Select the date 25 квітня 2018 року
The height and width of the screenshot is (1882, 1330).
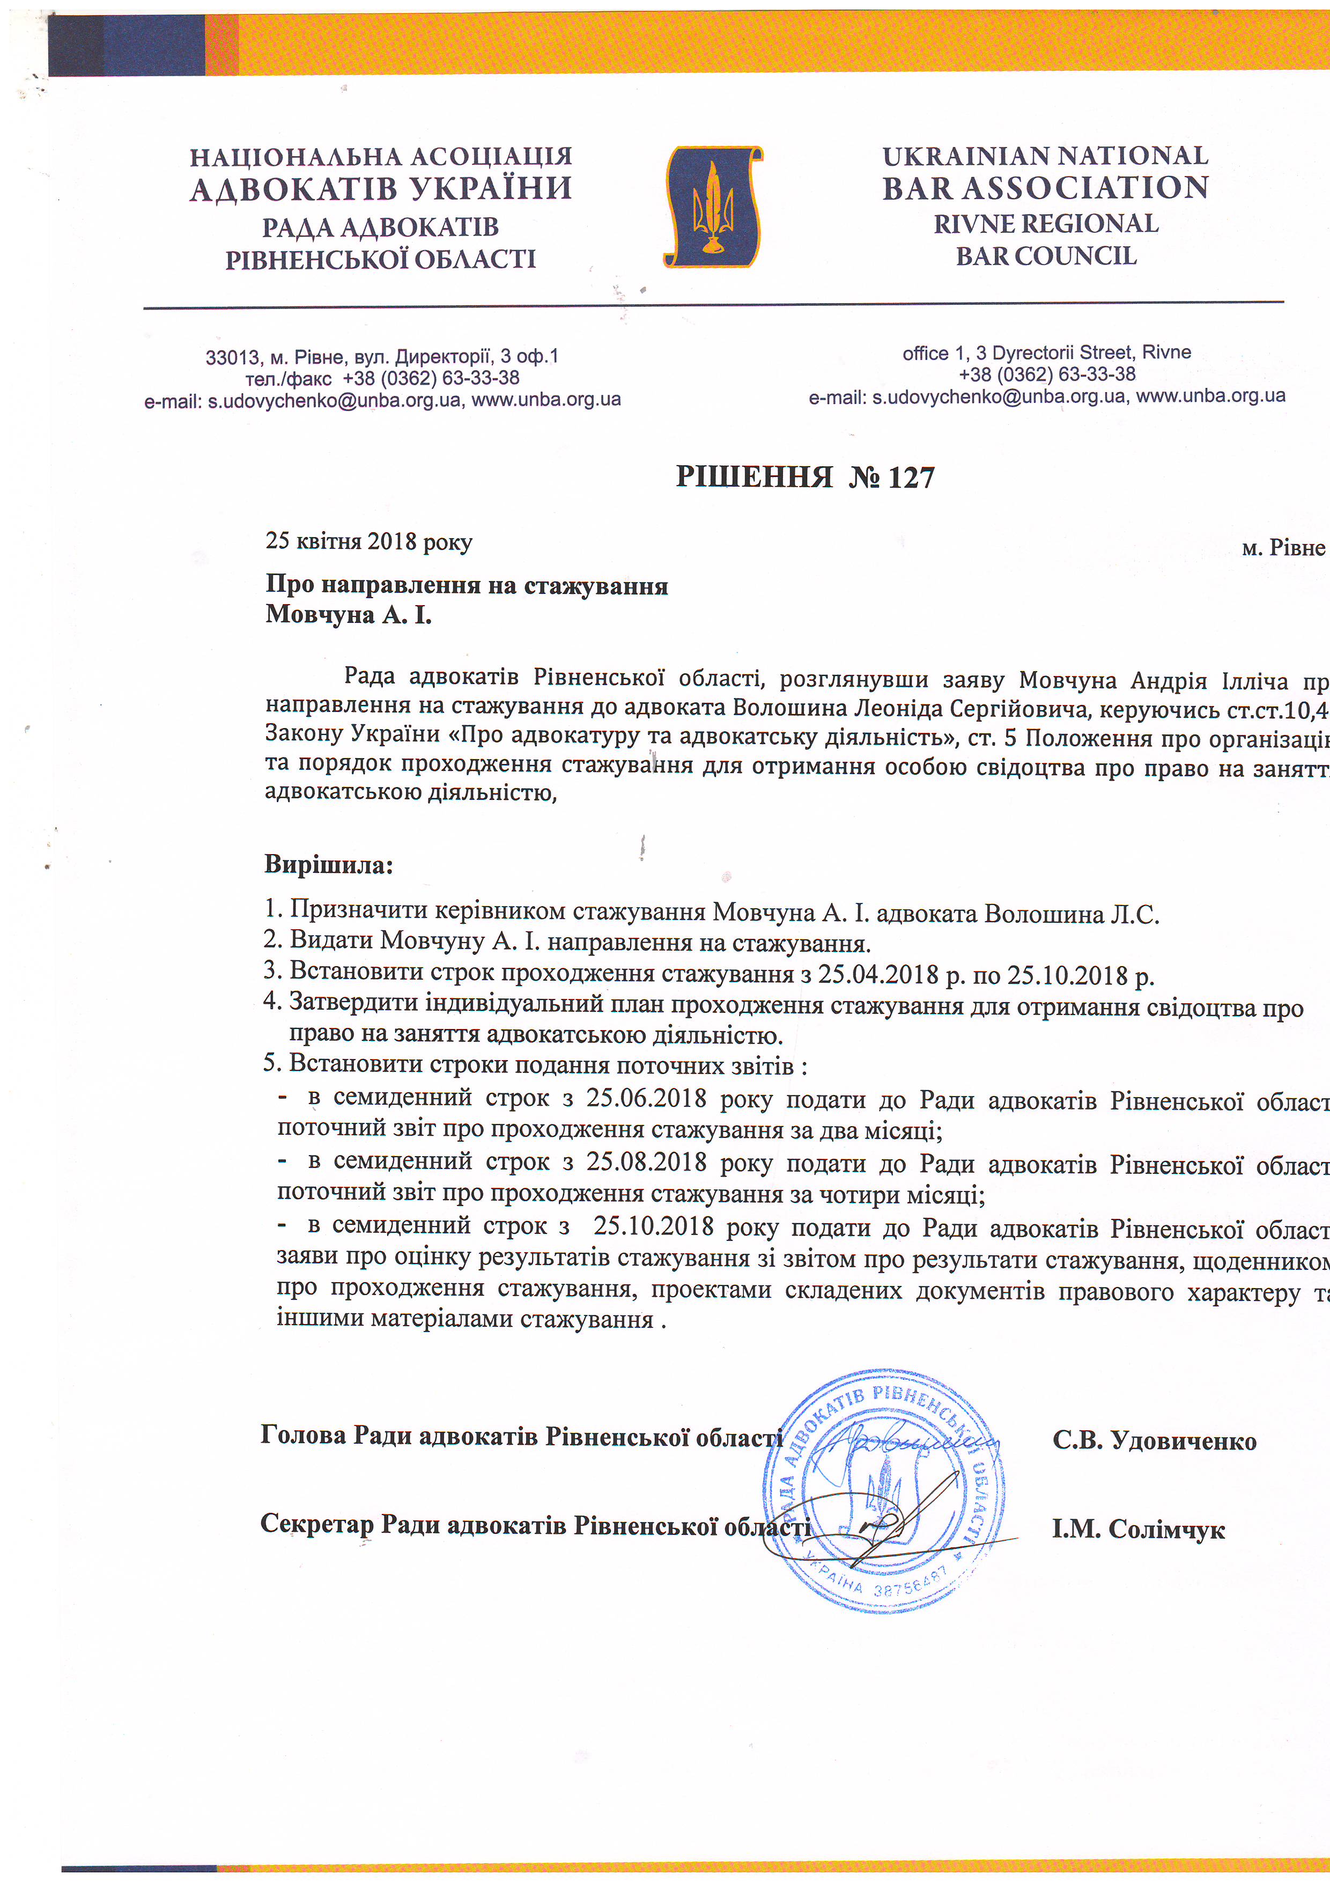[369, 542]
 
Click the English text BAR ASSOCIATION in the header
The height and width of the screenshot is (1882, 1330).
[1045, 188]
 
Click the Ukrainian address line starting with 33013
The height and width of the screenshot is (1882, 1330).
[382, 357]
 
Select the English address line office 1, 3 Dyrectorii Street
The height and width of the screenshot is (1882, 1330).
[1046, 352]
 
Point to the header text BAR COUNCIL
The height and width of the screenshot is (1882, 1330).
[1046, 256]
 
